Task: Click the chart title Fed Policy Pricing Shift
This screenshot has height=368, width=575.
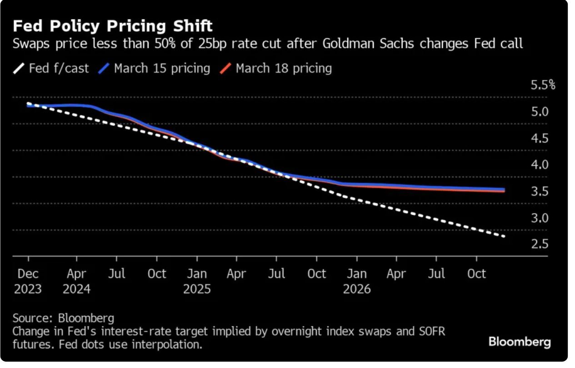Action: pos(112,26)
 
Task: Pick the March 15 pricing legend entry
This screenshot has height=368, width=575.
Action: pos(155,69)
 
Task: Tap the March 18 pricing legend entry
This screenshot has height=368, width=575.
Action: pos(276,69)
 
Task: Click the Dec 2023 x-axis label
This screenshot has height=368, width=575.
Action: pos(28,281)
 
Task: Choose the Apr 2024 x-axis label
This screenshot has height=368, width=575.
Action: pos(76,281)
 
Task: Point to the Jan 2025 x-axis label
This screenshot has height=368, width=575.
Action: pos(197,281)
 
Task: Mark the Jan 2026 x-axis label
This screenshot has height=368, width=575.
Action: pos(357,281)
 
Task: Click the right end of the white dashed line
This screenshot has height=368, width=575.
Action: pos(504,236)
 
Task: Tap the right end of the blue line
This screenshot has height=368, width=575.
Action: pos(504,189)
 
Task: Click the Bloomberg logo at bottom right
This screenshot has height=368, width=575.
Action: pos(520,342)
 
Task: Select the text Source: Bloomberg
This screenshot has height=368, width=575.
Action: pos(63,318)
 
